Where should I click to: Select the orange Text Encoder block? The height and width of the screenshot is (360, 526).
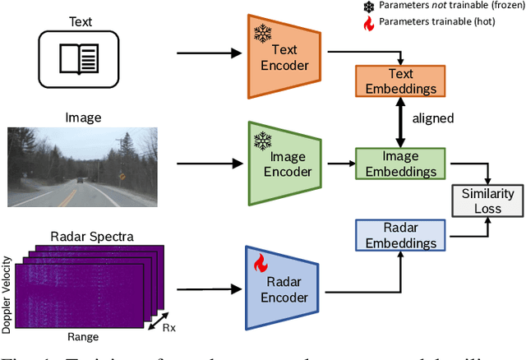pos(275,53)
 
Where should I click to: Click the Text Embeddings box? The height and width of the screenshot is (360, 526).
pos(400,81)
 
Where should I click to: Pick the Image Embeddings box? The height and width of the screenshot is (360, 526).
pos(400,164)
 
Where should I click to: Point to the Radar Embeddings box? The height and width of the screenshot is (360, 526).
pos(400,233)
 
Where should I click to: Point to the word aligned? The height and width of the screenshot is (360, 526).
pos(432,118)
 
